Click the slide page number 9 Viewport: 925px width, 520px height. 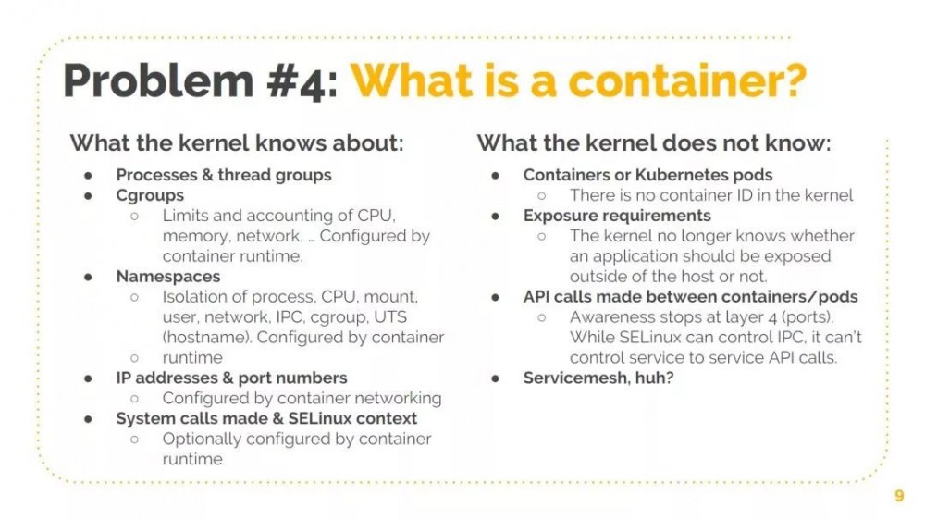click(899, 495)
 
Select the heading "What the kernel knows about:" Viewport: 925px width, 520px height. click(237, 142)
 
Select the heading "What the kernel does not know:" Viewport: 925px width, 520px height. click(654, 142)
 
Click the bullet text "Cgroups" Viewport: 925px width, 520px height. click(150, 195)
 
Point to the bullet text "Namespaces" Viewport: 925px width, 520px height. click(168, 277)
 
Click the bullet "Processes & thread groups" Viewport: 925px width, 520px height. click(224, 175)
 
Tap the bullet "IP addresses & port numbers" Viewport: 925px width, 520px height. click(231, 378)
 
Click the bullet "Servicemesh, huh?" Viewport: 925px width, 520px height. click(598, 378)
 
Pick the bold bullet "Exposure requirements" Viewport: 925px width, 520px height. click(617, 216)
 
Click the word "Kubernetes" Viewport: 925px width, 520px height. click(678, 175)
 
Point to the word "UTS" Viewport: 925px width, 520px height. click(390, 317)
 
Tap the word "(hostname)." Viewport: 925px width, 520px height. click(207, 338)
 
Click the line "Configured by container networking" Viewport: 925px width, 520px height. click(302, 399)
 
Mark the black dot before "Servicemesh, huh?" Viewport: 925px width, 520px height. click(496, 378)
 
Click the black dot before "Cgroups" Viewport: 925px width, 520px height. click(89, 196)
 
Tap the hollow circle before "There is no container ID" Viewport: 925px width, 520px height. click(541, 196)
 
